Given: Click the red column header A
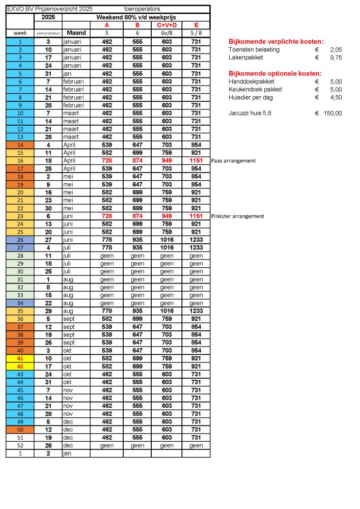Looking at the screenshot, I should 106,25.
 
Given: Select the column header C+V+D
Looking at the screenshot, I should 167,25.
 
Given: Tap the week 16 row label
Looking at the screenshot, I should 20,160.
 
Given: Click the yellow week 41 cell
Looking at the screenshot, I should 20,358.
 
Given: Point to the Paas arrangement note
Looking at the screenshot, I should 233,161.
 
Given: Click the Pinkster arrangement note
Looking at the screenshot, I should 237,216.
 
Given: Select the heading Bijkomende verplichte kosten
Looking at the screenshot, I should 276,41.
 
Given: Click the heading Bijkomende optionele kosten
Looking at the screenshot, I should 275,73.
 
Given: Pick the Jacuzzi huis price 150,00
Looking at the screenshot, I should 332,113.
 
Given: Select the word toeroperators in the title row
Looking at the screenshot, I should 142,9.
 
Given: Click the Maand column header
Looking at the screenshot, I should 76,33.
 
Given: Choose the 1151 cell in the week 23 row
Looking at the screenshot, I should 196,216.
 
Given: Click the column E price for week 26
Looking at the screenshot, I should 196,240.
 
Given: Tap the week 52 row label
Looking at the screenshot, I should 20,445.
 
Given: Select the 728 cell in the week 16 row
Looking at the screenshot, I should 106,160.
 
